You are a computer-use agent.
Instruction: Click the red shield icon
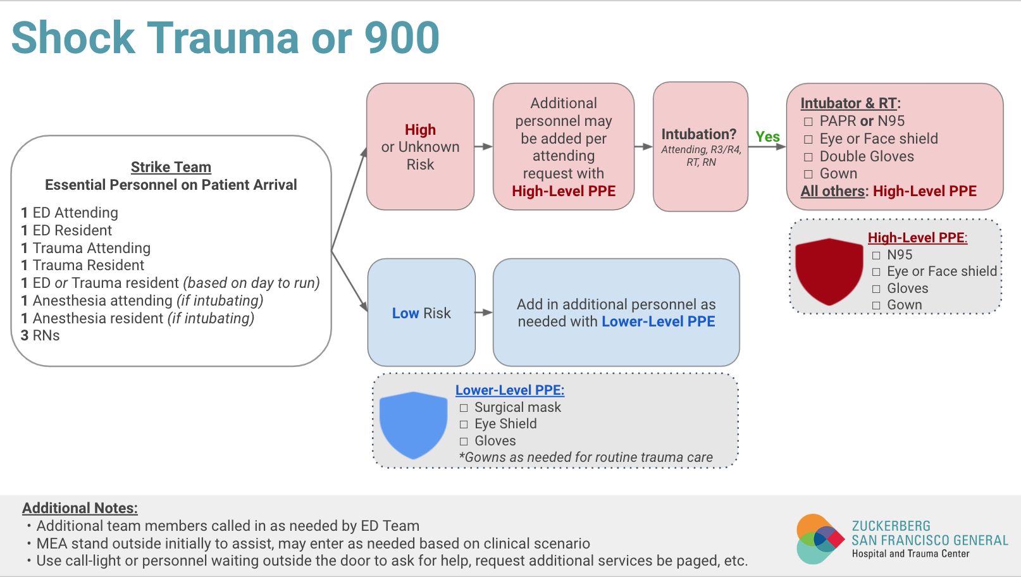829,271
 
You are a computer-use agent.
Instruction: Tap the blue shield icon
413,424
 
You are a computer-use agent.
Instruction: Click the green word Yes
767,137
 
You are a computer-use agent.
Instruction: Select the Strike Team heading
171,167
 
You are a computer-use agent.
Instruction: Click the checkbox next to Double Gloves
808,157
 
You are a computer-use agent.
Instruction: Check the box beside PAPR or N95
808,121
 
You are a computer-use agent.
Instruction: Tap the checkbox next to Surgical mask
464,408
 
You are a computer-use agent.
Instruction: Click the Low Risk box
421,313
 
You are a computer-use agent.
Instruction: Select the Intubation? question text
699,134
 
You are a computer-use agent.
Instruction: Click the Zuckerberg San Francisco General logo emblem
819,539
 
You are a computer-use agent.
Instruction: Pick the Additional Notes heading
80,508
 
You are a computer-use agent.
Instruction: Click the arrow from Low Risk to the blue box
484,313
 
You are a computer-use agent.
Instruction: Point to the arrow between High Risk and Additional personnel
483,147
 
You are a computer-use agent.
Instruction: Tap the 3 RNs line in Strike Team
40,335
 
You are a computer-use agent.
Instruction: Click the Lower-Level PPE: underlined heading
510,390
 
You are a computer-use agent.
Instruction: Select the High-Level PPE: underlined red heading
917,238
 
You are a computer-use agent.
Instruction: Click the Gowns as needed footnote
586,457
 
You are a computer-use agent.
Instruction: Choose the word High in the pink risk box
420,130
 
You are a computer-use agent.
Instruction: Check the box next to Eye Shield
464,425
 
